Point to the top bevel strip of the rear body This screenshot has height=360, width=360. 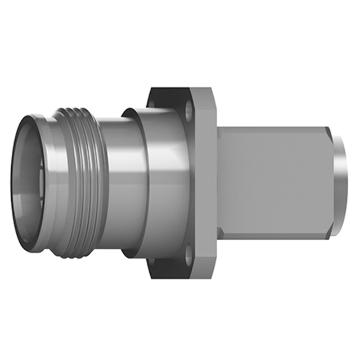(x=270, y=131)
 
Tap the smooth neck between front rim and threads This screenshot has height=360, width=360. (x=53, y=180)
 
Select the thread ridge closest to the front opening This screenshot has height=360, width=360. (x=66, y=180)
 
